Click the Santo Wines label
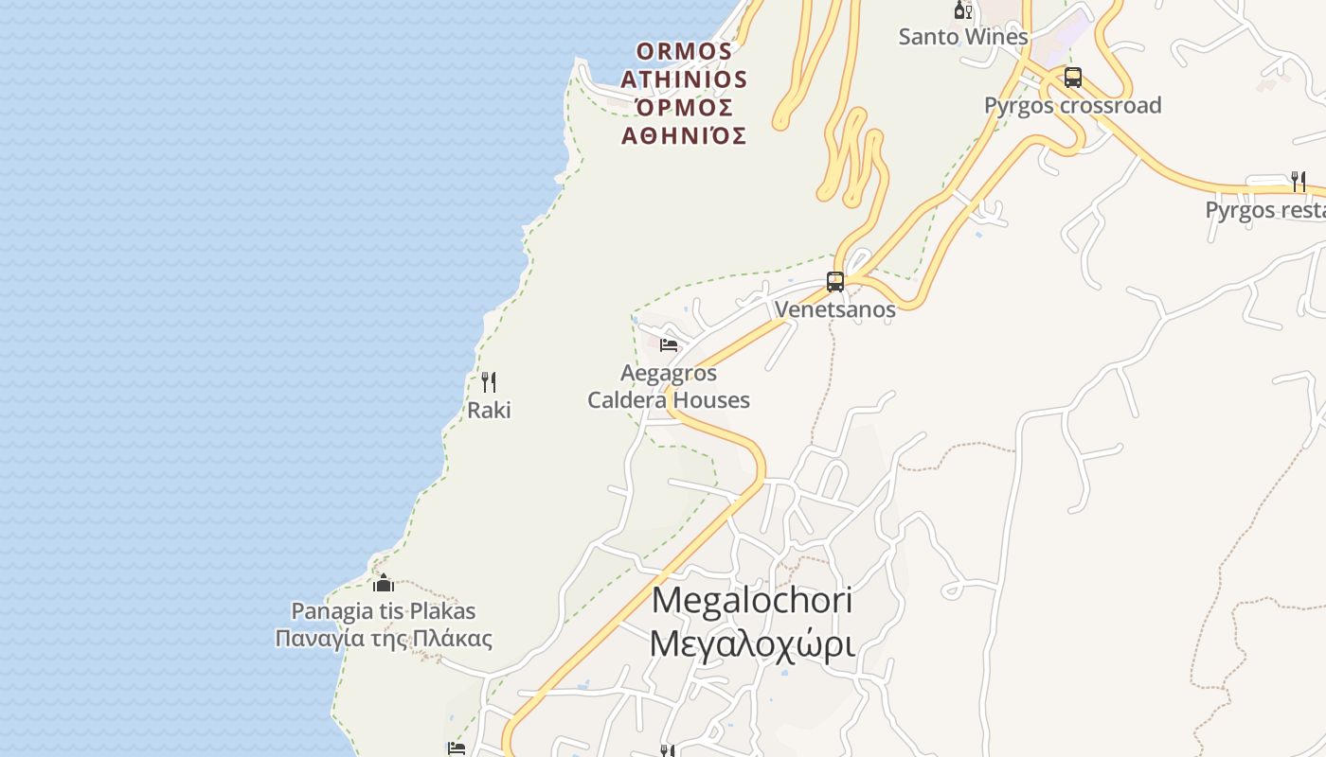[x=962, y=37]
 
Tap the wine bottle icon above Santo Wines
[x=962, y=11]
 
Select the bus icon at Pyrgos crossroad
[x=1072, y=78]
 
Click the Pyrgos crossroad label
[x=1072, y=105]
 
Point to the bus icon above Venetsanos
[x=834, y=281]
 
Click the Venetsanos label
[x=834, y=309]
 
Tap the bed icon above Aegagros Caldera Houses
[x=669, y=345]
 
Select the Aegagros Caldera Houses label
[x=669, y=387]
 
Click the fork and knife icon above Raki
[x=489, y=382]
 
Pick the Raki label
[x=489, y=410]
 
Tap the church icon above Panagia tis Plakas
[x=384, y=583]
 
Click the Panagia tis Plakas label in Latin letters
[x=384, y=611]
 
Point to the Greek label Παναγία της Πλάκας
[x=384, y=639]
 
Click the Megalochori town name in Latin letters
[x=752, y=600]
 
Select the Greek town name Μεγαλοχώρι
[x=752, y=643]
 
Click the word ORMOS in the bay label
[x=684, y=50]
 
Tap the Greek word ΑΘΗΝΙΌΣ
[x=684, y=136]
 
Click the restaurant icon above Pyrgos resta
[x=1298, y=181]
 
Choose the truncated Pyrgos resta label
[x=1265, y=209]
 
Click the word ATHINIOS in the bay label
[x=684, y=79]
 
